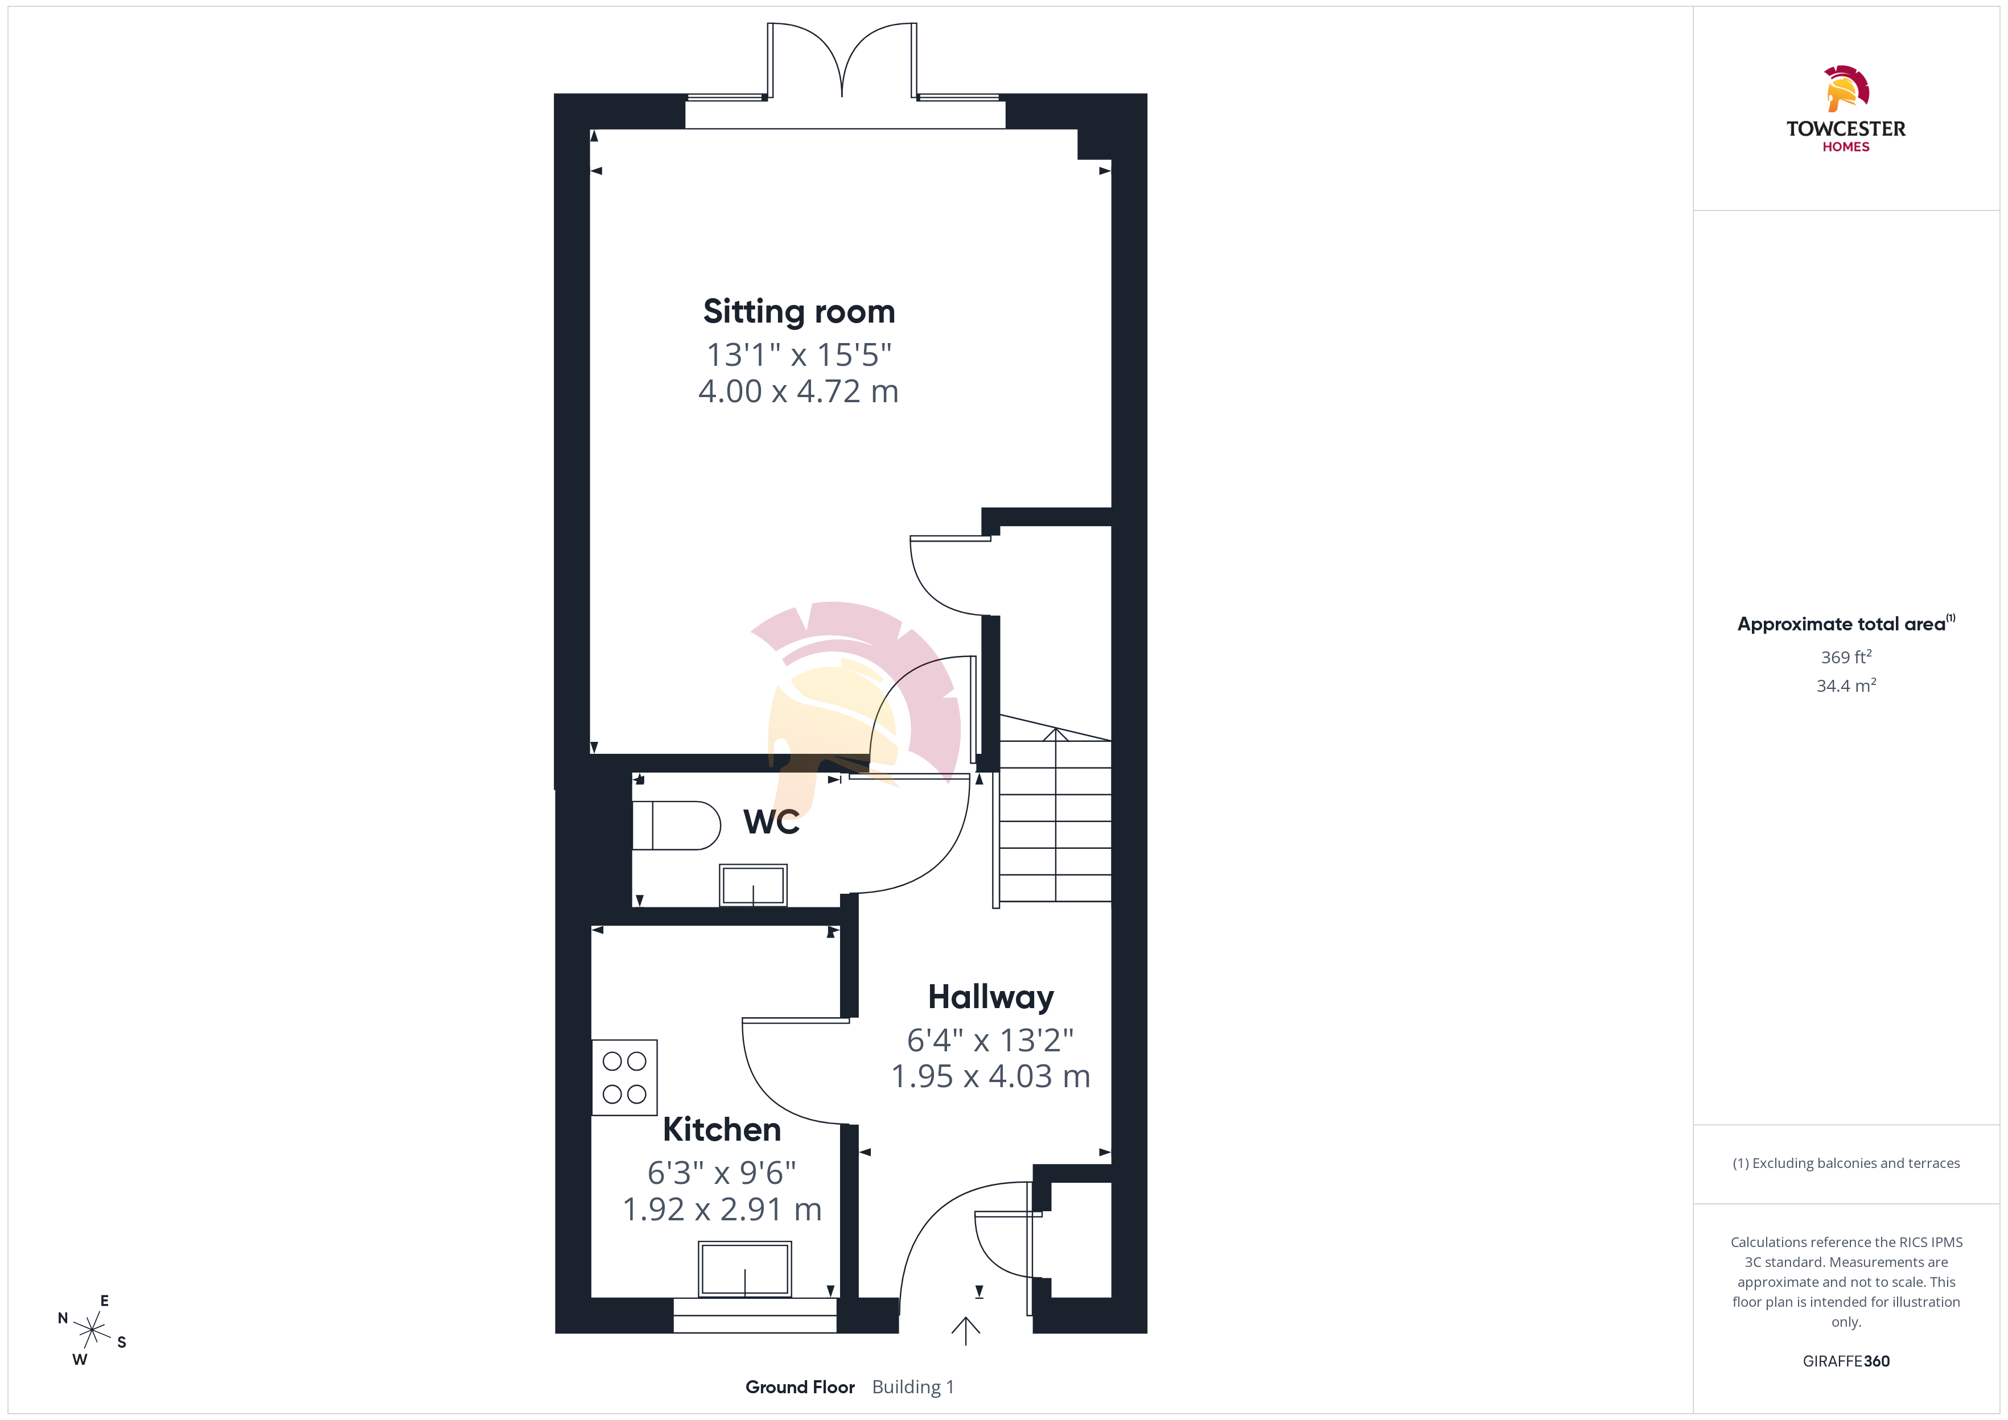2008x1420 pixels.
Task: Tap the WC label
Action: [x=771, y=822]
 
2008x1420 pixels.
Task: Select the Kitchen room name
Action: [x=722, y=1130]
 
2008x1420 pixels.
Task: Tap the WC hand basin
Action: [x=753, y=885]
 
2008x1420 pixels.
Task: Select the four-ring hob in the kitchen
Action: [x=624, y=1078]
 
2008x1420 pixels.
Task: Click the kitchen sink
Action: [x=745, y=1269]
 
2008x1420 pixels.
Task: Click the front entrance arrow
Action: [x=965, y=1330]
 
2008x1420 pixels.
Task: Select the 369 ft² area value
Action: [x=1846, y=657]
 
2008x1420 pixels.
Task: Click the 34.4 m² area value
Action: [x=1846, y=686]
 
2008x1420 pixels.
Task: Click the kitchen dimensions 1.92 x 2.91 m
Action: [x=722, y=1210]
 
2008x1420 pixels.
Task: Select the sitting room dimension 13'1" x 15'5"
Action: [x=799, y=355]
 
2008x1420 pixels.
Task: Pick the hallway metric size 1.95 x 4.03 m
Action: [x=991, y=1076]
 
